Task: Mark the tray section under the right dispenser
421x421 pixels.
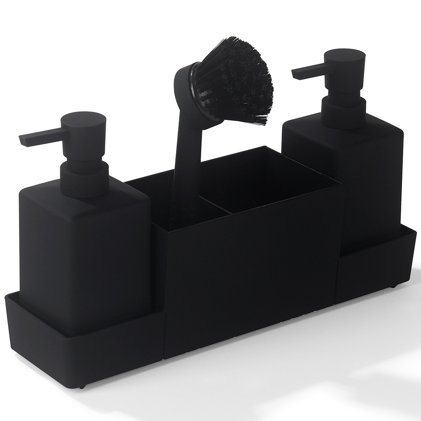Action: (375, 269)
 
